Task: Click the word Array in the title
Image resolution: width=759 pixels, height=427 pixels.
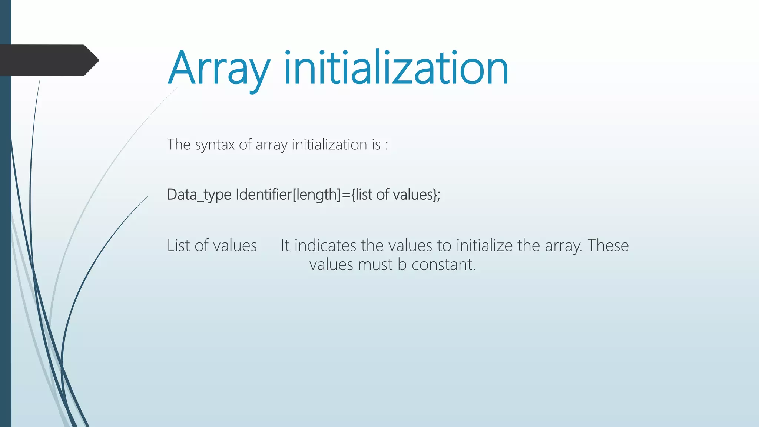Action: [x=219, y=69]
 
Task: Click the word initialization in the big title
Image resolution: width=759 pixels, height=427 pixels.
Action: [x=396, y=69]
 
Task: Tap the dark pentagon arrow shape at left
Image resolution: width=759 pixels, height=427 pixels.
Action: [x=48, y=60]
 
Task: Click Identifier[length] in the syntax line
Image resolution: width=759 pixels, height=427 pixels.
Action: [x=288, y=195]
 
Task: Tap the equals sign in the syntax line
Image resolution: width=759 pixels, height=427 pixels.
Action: [x=346, y=195]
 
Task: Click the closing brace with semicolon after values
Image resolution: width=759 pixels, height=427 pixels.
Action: [x=436, y=195]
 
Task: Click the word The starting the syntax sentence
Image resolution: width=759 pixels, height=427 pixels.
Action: [x=179, y=145]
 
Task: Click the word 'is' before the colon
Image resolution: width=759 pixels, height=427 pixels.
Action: [x=376, y=145]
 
